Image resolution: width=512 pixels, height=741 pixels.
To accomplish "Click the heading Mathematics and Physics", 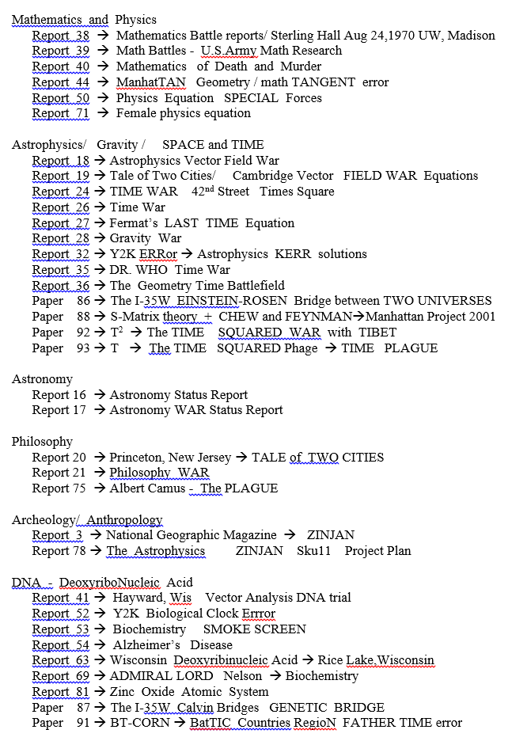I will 84,20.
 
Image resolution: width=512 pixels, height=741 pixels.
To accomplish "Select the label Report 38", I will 60,36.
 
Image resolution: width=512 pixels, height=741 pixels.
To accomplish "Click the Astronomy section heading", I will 42,379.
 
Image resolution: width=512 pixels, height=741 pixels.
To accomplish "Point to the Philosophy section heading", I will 42,442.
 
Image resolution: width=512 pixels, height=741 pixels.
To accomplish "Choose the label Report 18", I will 60,161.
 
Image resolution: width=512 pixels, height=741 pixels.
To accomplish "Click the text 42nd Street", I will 221,192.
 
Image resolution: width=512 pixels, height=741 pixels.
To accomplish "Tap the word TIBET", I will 377,332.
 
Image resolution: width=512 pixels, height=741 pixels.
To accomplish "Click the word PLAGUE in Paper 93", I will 411,348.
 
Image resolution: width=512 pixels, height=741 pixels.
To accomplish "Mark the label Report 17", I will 59,410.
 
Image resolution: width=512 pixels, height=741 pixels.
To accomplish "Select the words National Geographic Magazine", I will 192,535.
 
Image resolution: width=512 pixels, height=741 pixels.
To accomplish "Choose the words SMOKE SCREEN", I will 255,629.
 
